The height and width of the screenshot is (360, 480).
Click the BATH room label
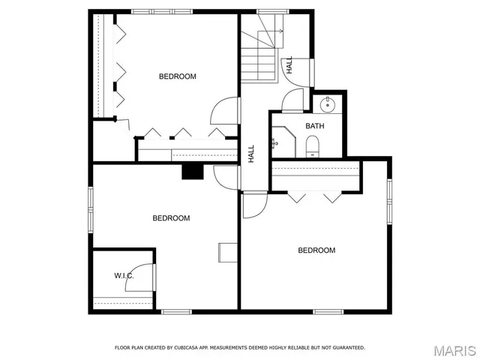(314, 125)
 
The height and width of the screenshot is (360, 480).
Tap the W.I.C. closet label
(124, 276)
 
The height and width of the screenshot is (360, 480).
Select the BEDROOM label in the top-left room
(177, 76)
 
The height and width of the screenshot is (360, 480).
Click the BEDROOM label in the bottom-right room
(316, 250)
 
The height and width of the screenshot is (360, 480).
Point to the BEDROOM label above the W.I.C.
(171, 218)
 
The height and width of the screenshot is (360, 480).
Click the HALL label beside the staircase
(289, 64)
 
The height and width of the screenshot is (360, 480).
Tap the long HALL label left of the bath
(252, 153)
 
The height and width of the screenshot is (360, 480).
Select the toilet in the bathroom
(313, 145)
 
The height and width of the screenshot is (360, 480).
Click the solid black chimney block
(193, 172)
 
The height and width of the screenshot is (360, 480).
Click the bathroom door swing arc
(292, 100)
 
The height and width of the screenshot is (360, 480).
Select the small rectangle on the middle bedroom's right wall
(226, 252)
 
